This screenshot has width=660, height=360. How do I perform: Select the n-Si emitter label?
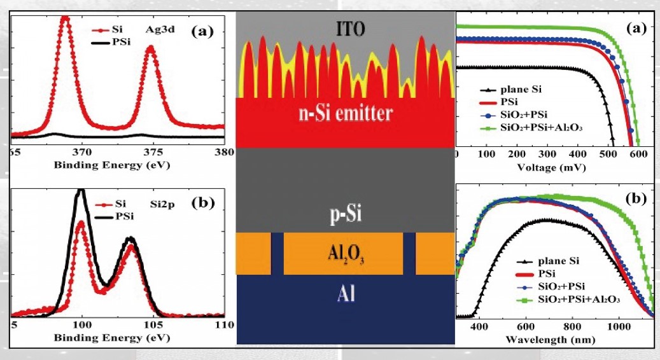click(346, 114)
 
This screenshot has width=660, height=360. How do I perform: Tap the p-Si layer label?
click(346, 216)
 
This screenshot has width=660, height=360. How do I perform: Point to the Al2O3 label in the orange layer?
click(346, 255)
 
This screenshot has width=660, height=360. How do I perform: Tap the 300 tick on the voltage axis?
click(547, 154)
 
